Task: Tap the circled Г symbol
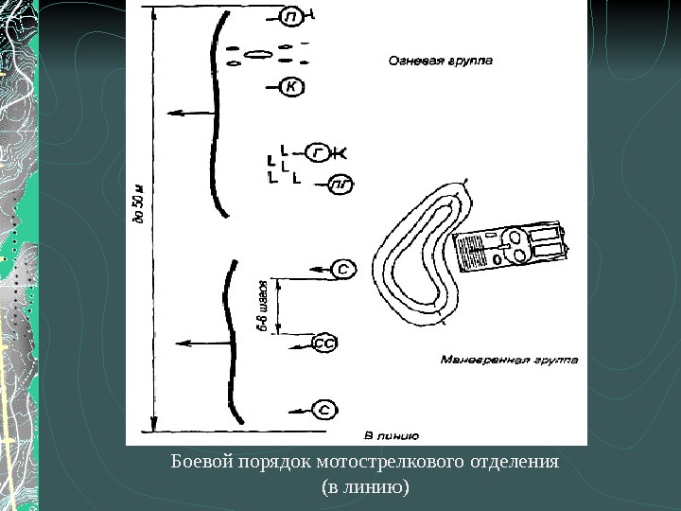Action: [x=321, y=151]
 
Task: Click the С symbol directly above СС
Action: [x=345, y=271]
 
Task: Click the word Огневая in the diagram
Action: [x=413, y=59]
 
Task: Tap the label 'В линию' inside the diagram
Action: [x=391, y=435]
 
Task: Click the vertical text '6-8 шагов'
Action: [x=266, y=305]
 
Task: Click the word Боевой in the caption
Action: [x=200, y=464]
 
